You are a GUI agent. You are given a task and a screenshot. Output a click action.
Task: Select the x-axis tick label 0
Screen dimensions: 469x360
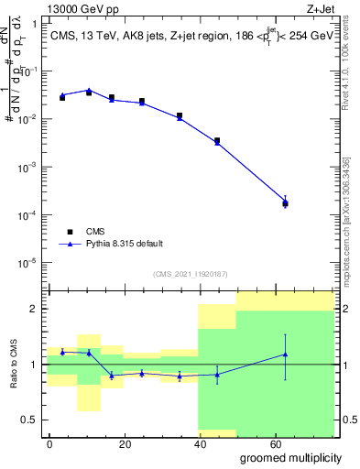[50, 442]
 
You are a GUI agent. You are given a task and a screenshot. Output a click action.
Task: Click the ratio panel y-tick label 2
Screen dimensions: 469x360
[34, 309]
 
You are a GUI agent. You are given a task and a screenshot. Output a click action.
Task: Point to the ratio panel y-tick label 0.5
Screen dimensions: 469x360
[30, 420]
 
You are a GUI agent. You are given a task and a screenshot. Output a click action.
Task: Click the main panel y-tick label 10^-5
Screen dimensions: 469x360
[28, 263]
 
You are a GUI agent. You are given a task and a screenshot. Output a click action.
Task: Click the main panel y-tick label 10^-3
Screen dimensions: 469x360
[28, 168]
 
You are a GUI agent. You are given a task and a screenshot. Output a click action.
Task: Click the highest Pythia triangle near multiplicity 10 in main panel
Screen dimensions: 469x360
[89, 91]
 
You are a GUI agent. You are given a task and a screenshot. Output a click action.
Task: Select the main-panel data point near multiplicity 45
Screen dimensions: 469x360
[217, 141]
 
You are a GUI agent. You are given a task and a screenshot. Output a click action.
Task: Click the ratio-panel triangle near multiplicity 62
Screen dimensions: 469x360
[285, 354]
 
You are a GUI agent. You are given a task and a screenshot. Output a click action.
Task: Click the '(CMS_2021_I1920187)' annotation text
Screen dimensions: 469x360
[190, 274]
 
